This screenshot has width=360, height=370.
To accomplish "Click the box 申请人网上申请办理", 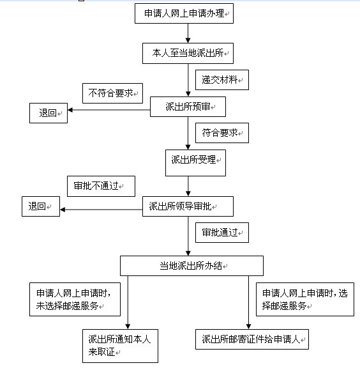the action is [x=184, y=13].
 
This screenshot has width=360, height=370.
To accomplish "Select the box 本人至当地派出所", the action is [x=188, y=53].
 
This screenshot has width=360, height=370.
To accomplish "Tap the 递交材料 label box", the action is [x=222, y=80].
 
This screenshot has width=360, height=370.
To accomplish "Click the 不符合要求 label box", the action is [x=113, y=93].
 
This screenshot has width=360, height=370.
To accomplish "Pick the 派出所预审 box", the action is [x=188, y=107].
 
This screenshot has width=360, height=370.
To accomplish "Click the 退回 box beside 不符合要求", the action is [x=49, y=113].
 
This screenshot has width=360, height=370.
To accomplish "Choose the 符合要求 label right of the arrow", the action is [x=222, y=133].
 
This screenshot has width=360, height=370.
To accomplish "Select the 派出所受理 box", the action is [x=196, y=163].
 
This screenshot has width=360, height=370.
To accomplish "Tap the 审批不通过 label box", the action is [x=101, y=186].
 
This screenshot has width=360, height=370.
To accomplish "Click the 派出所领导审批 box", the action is [x=188, y=206].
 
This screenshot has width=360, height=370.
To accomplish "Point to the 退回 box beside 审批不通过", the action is [x=41, y=206].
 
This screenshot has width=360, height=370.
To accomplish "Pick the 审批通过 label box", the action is [x=222, y=233].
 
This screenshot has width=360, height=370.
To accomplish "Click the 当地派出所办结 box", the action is [x=191, y=266].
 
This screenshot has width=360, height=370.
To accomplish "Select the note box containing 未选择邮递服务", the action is [x=75, y=300].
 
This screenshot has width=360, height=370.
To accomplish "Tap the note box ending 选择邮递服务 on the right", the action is [x=305, y=300].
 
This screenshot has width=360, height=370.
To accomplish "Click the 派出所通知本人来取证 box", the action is [x=120, y=346].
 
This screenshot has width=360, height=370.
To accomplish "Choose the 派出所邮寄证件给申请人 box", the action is [x=252, y=339].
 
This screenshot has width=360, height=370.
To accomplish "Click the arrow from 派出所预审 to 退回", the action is [x=109, y=110].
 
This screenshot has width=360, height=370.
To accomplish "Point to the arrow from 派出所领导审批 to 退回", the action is [x=101, y=210].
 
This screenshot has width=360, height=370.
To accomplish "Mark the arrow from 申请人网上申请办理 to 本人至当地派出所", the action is [x=188, y=33].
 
